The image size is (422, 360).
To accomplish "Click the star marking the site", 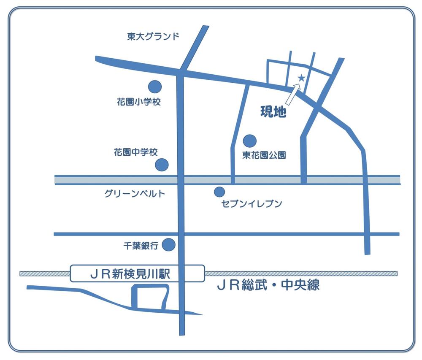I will (301, 78).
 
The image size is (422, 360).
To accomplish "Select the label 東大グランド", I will (153, 37).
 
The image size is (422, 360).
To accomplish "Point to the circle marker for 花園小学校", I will (155, 87).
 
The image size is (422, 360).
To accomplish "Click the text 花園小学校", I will (139, 102).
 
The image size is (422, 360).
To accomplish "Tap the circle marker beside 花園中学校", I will (162, 165).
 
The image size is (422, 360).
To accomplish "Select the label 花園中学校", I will (135, 152).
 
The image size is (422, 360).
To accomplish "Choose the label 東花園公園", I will (264, 155).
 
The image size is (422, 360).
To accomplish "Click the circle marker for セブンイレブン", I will (219, 192).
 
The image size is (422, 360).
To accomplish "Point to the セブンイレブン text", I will (252, 204).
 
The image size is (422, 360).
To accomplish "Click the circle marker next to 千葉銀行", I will (169, 244).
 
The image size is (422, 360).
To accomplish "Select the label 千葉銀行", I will (141, 246).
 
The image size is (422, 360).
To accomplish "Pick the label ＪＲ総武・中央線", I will (268, 285).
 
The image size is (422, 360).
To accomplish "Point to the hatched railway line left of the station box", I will (45, 273).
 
